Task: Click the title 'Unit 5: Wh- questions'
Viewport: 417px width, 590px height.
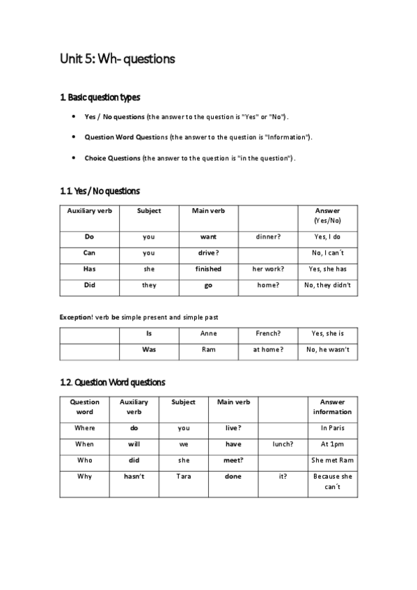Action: coord(117,59)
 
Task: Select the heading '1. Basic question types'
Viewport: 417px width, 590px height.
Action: coord(104,97)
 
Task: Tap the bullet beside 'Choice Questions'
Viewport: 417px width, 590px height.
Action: coord(74,158)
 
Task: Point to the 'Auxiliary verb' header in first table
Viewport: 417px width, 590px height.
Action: coord(89,210)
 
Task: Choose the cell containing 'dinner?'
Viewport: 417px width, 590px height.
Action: coord(268,237)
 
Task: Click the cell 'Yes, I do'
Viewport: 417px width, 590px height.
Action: coord(327,237)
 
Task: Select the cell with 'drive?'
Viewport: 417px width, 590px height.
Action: coord(208,253)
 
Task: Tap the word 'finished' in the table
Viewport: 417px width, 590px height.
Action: coord(208,269)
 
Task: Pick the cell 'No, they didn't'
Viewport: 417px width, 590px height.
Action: coord(327,285)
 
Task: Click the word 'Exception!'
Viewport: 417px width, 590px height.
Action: coord(76,317)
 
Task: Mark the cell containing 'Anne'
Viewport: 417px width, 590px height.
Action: coord(208,333)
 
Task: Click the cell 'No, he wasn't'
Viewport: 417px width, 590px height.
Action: coord(327,349)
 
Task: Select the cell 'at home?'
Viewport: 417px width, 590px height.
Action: coord(268,349)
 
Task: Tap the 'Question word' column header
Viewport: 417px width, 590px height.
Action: coord(84,406)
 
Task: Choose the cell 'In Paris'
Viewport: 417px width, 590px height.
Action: coord(333,428)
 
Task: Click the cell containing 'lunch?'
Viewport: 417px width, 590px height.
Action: coord(283,444)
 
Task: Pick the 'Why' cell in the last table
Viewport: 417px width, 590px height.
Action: coord(84,477)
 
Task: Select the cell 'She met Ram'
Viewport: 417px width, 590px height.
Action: coord(333,460)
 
